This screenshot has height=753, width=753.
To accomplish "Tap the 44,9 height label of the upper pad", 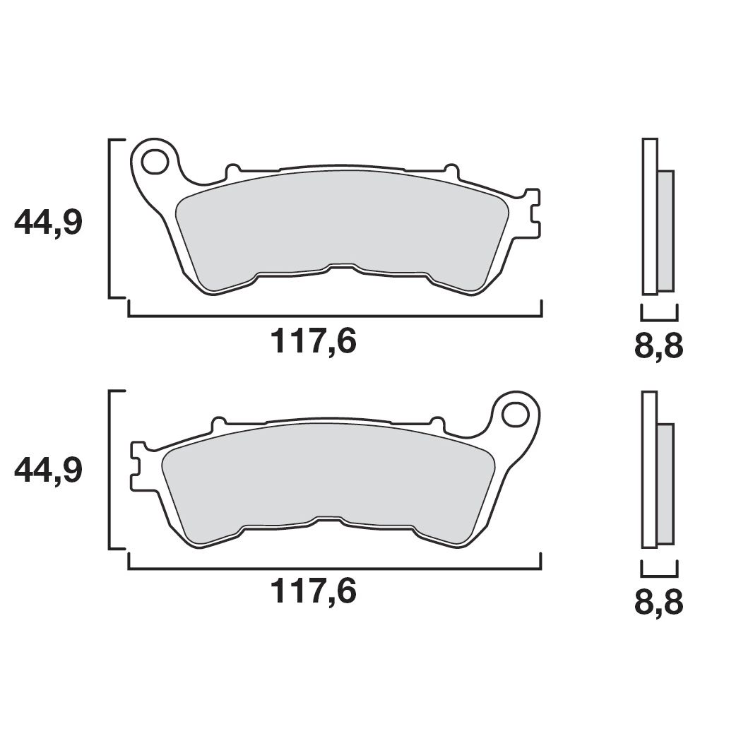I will coord(48,224).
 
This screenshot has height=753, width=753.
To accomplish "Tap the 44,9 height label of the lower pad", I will coord(48,470).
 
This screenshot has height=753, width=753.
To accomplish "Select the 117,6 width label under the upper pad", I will coord(314,343).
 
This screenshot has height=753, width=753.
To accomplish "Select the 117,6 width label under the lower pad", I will coord(314,592).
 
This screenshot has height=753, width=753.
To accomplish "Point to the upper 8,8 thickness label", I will coord(658,348).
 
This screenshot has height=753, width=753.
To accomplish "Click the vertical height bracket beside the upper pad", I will coord(111,218).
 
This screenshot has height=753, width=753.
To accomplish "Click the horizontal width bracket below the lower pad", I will coord(335,568).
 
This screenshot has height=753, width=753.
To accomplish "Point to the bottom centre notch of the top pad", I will coord(341,266).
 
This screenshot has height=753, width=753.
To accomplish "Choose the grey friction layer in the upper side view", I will coord(665,230).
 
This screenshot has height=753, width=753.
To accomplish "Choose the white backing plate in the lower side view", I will coord(649,469).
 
